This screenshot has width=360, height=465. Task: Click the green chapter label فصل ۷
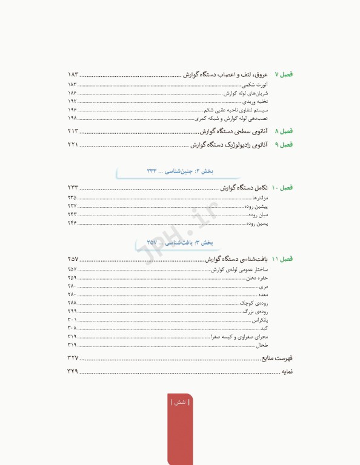click(284, 74)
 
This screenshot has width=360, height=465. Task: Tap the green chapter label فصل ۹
click(284, 145)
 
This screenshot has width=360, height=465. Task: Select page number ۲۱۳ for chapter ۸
click(73, 131)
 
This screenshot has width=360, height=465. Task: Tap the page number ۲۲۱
click(73, 145)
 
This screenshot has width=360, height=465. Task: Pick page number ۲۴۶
click(72, 223)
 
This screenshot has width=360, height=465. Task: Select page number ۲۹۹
click(72, 311)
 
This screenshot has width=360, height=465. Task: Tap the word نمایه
click(287, 371)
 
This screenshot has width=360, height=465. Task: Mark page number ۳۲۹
click(73, 371)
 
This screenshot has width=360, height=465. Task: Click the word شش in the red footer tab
click(179, 402)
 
